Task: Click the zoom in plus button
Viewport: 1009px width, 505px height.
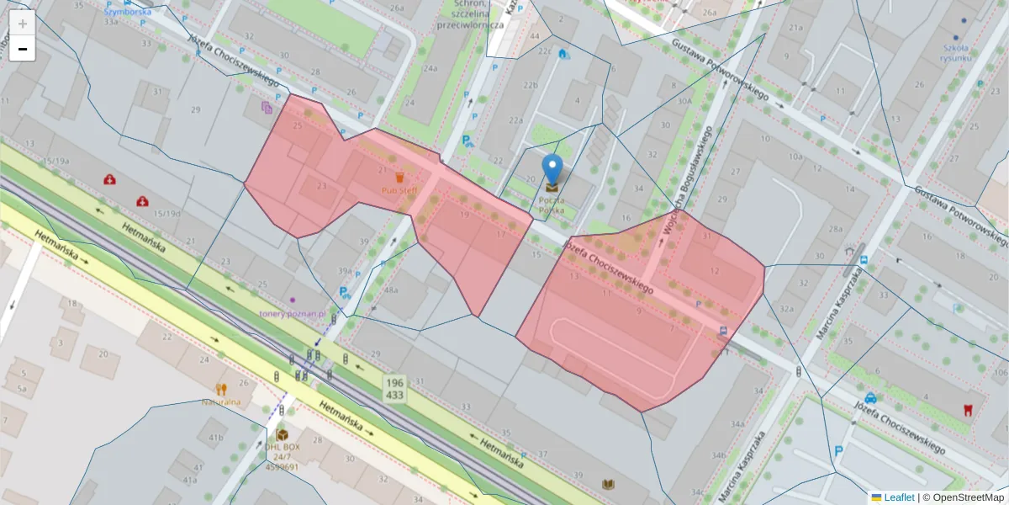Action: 23,23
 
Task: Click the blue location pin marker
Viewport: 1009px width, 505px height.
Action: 552,170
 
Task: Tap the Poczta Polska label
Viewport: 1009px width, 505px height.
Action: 552,205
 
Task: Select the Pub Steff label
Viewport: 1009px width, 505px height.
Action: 399,191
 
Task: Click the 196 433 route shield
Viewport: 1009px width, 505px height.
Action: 395,388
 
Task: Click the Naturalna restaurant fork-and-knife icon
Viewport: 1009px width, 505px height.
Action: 221,389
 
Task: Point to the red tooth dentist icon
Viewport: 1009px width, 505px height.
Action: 968,410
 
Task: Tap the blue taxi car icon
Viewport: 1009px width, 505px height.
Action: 870,398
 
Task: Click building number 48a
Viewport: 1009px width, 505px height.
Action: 391,290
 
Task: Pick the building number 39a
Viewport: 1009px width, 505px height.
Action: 345,270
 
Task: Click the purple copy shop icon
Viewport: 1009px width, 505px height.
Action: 267,107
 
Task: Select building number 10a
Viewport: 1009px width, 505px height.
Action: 795,157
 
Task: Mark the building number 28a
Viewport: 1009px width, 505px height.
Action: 835,228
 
